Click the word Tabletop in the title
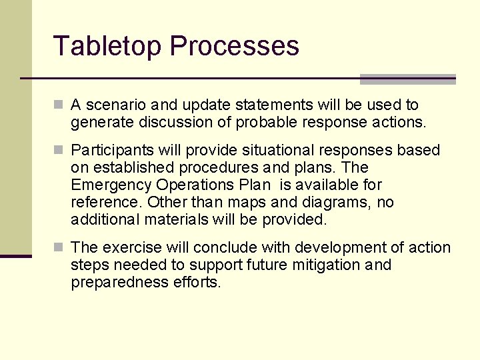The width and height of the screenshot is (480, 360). tap(107, 46)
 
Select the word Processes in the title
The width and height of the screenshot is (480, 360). tap(234, 46)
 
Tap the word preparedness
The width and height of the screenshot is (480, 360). tap(111, 283)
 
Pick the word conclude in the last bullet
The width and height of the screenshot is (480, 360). tap(233, 248)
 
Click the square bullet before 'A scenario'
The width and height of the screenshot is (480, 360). tap(59, 105)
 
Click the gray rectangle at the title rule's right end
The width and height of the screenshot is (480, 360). tap(407, 79)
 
